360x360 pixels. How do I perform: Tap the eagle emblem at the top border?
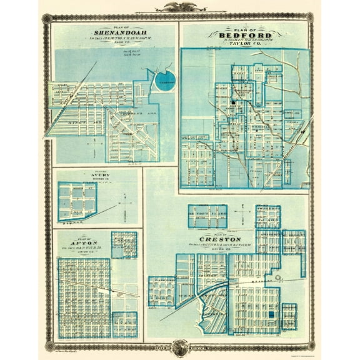[x=179, y=9]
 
